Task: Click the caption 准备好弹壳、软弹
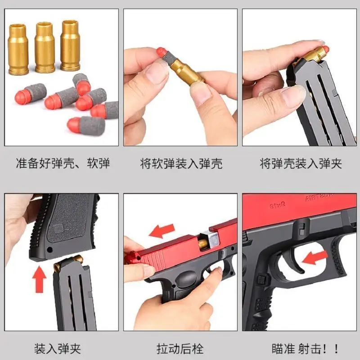(x=63, y=163)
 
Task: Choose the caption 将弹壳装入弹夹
(x=301, y=163)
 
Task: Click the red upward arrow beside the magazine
(x=40, y=279)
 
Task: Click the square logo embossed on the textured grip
(x=58, y=228)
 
